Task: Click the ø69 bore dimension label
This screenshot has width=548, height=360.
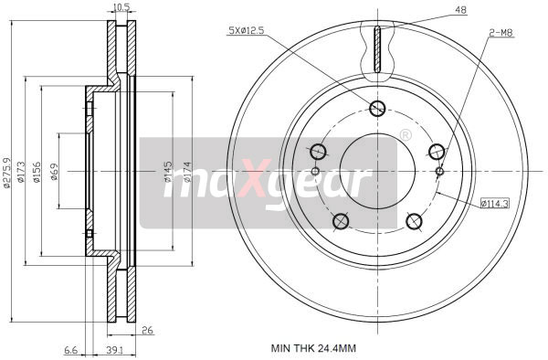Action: click(x=55, y=171)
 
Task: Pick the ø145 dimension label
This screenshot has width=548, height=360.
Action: click(x=168, y=172)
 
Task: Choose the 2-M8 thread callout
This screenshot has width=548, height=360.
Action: click(x=501, y=33)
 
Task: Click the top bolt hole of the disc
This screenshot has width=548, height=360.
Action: click(x=377, y=109)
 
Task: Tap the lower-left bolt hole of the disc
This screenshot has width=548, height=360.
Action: click(x=342, y=220)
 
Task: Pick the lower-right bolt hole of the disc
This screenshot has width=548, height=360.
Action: click(x=413, y=220)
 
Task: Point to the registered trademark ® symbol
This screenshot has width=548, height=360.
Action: click(x=405, y=135)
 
